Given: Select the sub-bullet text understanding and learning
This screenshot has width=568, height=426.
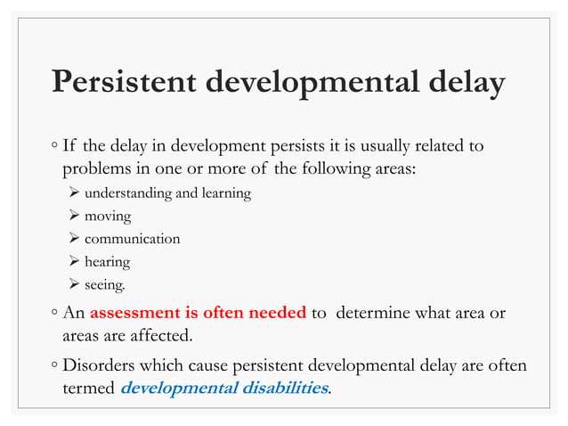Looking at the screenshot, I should [167, 193].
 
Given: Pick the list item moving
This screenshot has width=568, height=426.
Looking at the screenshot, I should [107, 216].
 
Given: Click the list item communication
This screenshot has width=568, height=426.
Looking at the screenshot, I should [132, 239].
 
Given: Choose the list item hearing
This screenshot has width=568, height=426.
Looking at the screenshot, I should [107, 262].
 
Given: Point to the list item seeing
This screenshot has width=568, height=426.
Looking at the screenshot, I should [105, 285].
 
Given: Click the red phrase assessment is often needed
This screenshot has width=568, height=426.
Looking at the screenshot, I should [198, 313].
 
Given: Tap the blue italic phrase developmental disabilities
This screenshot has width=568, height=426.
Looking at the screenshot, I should [223, 389].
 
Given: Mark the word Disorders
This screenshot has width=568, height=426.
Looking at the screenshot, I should [99, 365].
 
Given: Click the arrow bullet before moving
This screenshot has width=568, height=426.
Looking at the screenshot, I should [74, 216].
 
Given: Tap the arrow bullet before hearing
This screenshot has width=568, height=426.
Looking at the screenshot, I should [74, 262].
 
